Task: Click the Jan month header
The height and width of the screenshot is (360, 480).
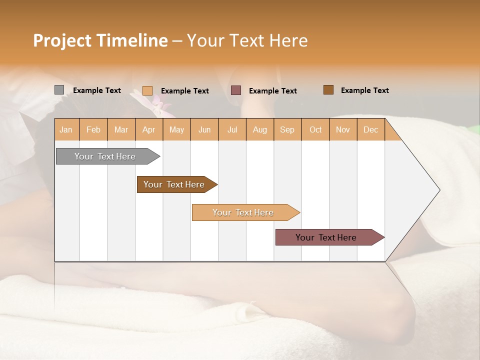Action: (66, 129)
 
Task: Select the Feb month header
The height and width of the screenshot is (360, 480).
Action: (93, 129)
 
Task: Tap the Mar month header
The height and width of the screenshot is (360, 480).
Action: (121, 129)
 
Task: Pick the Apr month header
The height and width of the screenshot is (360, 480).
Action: (149, 129)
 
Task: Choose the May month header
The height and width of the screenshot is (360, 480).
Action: (176, 129)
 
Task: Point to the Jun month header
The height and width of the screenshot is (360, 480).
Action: (204, 129)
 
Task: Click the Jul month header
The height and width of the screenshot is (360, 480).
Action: (232, 129)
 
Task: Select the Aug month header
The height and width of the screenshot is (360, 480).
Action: (260, 129)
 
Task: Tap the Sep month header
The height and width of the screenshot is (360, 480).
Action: (287, 129)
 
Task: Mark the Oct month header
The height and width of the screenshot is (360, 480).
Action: (315, 129)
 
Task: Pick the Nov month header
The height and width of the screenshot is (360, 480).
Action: (343, 129)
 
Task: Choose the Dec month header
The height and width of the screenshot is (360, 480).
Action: (371, 129)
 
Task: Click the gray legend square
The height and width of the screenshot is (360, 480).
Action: (59, 90)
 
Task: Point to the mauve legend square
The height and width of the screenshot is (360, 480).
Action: (236, 90)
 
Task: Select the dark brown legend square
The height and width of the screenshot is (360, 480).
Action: (328, 90)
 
